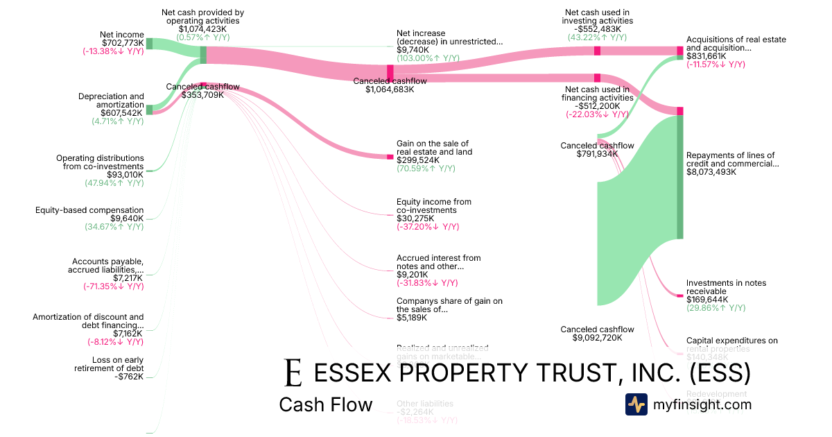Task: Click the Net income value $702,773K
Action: [122, 43]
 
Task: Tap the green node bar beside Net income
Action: [149, 44]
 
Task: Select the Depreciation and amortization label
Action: [111, 101]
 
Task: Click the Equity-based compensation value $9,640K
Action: [127, 218]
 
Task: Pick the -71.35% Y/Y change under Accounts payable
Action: [114, 286]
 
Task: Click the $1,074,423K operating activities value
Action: [202, 29]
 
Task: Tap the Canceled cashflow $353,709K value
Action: [202, 95]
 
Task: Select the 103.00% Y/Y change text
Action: [426, 59]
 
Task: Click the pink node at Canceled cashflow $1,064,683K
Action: [390, 72]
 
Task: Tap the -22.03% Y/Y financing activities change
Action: [597, 114]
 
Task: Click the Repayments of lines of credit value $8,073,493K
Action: [711, 172]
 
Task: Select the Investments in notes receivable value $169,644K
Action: [707, 300]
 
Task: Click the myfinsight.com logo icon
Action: [636, 404]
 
